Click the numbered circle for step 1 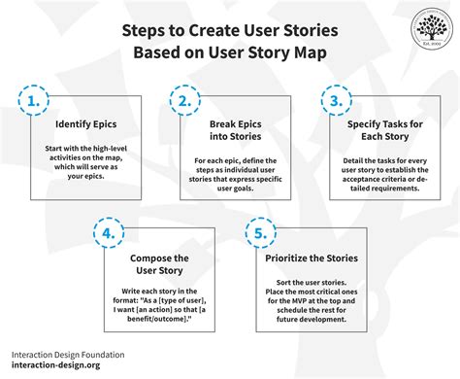34,100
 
